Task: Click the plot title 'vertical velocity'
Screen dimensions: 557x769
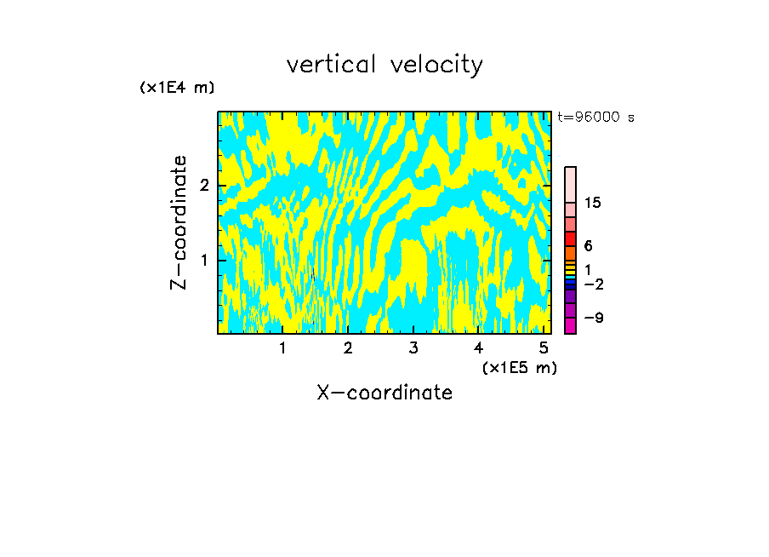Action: tap(384, 65)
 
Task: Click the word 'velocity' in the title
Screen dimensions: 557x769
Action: tap(437, 65)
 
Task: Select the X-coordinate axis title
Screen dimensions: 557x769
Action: tap(384, 393)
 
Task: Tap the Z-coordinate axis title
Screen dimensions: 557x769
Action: tap(179, 222)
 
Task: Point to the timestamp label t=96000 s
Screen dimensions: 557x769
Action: tap(596, 118)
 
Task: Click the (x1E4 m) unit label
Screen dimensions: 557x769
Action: tap(177, 88)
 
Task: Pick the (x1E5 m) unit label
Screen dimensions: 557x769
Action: tap(519, 367)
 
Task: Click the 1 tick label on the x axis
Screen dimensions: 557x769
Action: tap(283, 347)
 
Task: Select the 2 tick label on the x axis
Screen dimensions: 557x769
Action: tap(348, 347)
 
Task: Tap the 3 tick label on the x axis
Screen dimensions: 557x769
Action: tap(413, 347)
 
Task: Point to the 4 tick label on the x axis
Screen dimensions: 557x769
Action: tap(478, 347)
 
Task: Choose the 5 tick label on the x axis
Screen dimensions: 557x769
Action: tap(544, 347)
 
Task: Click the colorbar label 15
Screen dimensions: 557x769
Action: tap(593, 203)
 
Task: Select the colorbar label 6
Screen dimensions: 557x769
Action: tap(588, 245)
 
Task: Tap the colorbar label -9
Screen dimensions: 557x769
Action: tap(593, 318)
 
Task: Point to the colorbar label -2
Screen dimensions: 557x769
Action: tap(593, 284)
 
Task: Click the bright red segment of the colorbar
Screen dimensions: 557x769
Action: tap(571, 238)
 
